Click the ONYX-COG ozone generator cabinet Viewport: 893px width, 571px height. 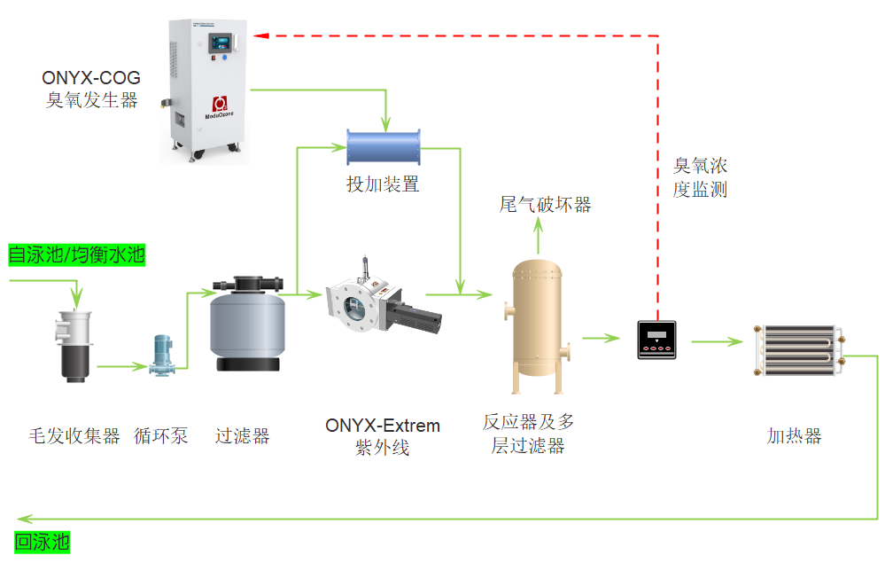point(206,89)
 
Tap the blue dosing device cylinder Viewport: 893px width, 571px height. point(383,145)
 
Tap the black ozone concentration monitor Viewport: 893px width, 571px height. point(657,340)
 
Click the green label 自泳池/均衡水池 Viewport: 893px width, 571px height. point(76,255)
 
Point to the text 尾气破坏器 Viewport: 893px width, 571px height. point(545,205)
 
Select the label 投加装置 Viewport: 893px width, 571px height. point(382,184)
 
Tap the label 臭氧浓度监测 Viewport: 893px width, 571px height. point(700,177)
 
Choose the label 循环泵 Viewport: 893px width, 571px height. point(161,435)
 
